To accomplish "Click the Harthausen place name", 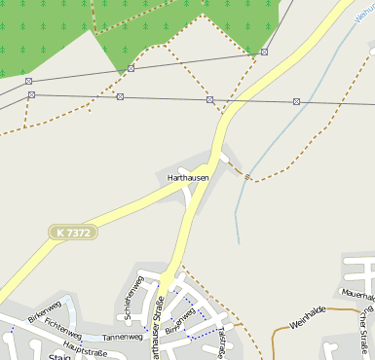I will pos(188,178).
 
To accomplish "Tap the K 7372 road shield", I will pos(73,234).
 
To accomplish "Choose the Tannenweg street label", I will pos(122,337).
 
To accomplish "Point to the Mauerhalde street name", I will pos(357,291).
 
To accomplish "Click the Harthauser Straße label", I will pos(157,326).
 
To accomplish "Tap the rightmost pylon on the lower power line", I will pos(296,101).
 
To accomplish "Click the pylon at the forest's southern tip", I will pos(131,68).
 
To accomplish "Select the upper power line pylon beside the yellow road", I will pos(264,53).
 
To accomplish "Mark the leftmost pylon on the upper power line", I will pos(28,81).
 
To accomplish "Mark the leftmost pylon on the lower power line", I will pos(31,95).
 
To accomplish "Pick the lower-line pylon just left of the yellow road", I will pos(209,99).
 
